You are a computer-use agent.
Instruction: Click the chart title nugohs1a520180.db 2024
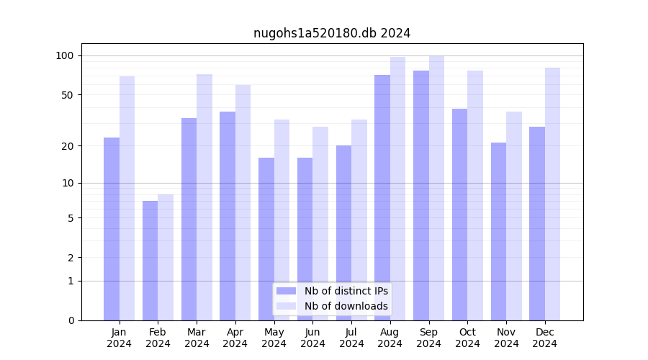332,33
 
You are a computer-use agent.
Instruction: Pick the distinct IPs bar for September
421,195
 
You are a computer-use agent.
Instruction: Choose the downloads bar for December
552,194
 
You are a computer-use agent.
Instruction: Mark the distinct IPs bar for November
498,231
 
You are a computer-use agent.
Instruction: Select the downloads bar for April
243,202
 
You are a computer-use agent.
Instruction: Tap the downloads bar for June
320,223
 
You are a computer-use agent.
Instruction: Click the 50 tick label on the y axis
67,94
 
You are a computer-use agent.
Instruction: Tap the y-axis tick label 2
71,257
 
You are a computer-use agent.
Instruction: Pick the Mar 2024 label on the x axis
197,338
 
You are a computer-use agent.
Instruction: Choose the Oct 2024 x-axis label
467,338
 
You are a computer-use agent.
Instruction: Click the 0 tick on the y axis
71,320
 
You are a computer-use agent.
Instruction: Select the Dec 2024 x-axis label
544,338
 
